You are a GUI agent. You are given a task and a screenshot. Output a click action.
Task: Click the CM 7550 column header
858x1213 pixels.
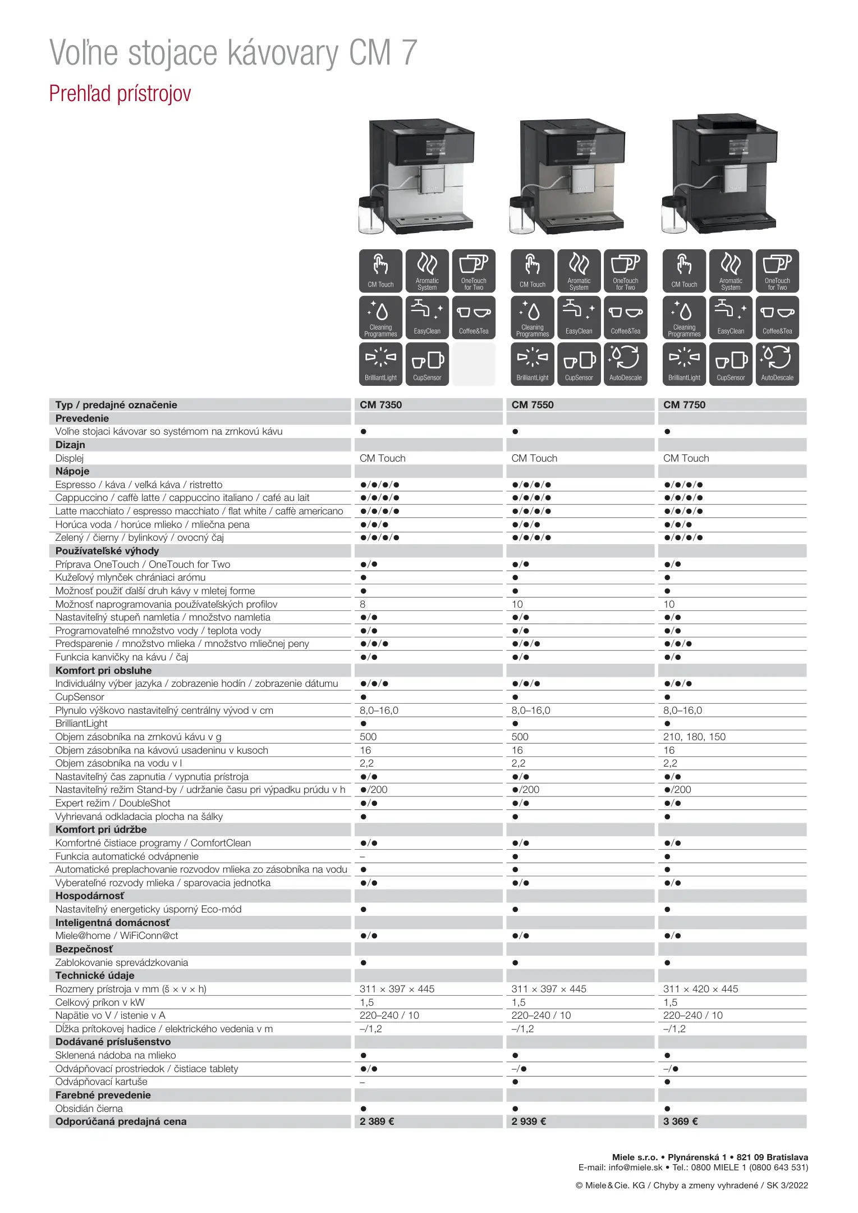532,405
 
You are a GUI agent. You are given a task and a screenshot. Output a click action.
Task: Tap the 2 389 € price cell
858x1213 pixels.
377,1121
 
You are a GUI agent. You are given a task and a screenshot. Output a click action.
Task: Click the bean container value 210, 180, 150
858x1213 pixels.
694,737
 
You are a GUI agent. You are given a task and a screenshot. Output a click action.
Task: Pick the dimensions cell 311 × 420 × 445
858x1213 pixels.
700,989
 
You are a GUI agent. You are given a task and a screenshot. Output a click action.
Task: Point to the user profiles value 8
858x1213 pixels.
363,604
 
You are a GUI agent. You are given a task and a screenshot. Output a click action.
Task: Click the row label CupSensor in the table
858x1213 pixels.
80,697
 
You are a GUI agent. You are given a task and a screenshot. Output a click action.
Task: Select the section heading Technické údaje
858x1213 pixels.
95,975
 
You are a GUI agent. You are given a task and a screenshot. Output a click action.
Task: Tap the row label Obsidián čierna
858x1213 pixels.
89,1109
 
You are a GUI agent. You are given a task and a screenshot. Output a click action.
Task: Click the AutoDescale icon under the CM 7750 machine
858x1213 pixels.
777,364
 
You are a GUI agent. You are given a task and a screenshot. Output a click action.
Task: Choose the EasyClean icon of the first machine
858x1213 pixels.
427,317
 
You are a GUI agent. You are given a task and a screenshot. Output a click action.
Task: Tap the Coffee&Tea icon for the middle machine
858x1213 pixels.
625,317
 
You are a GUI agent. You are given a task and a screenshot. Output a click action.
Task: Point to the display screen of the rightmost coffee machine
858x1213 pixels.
735,147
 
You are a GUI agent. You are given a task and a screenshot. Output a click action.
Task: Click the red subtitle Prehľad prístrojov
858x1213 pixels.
120,94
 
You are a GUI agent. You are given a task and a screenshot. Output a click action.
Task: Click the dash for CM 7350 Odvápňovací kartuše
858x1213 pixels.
363,1082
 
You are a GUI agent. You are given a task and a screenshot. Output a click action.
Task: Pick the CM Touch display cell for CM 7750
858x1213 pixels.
686,458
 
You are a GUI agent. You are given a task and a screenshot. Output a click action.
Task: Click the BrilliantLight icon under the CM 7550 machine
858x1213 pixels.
532,364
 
